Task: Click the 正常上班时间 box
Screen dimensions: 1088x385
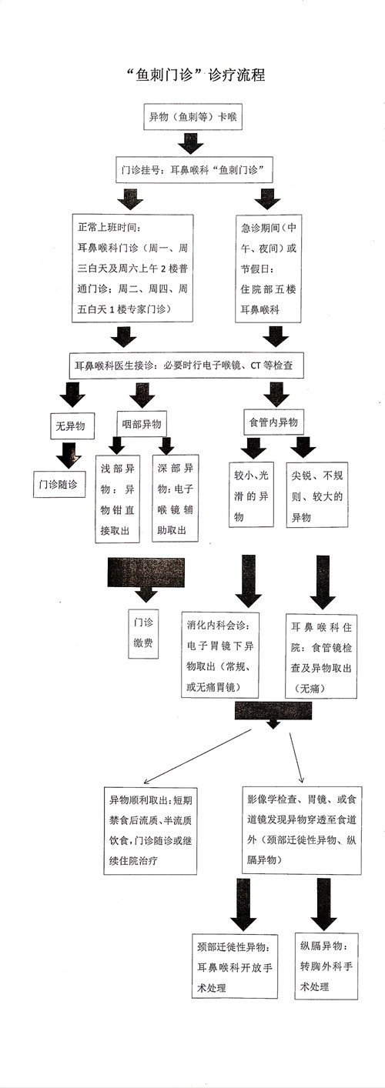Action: [x=132, y=267]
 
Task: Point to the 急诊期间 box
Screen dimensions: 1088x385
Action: [x=269, y=268]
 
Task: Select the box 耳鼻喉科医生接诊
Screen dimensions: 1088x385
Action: [x=186, y=365]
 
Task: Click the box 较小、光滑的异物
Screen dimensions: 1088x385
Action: [x=251, y=494]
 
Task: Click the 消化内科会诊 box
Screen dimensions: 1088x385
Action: [x=226, y=655]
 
